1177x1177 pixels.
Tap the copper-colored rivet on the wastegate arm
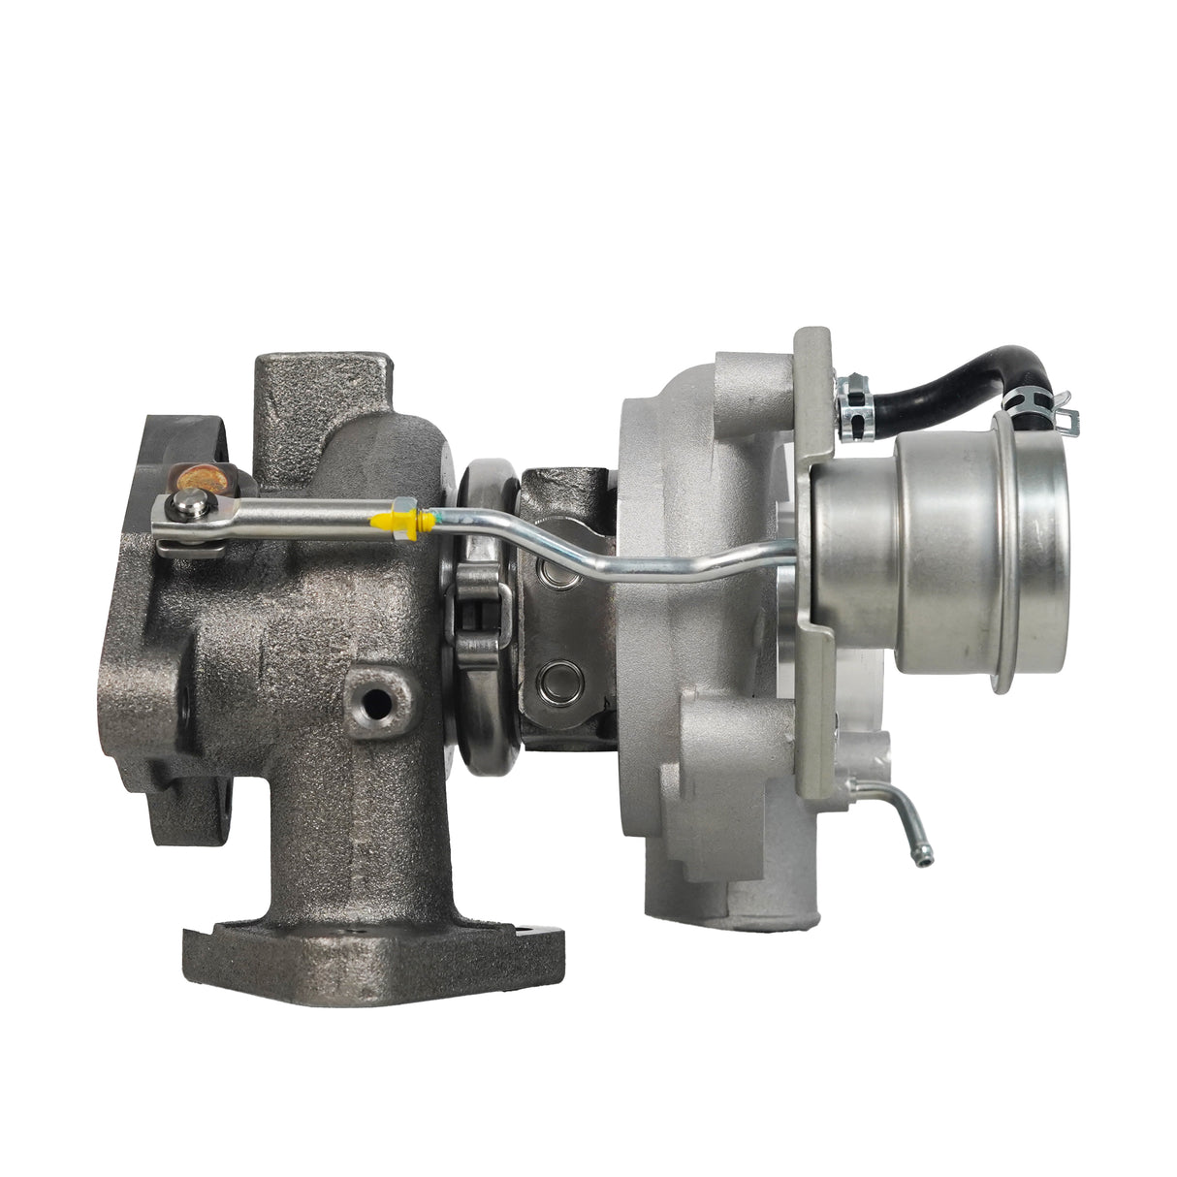point(200,477)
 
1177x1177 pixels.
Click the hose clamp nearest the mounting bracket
point(853,392)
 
